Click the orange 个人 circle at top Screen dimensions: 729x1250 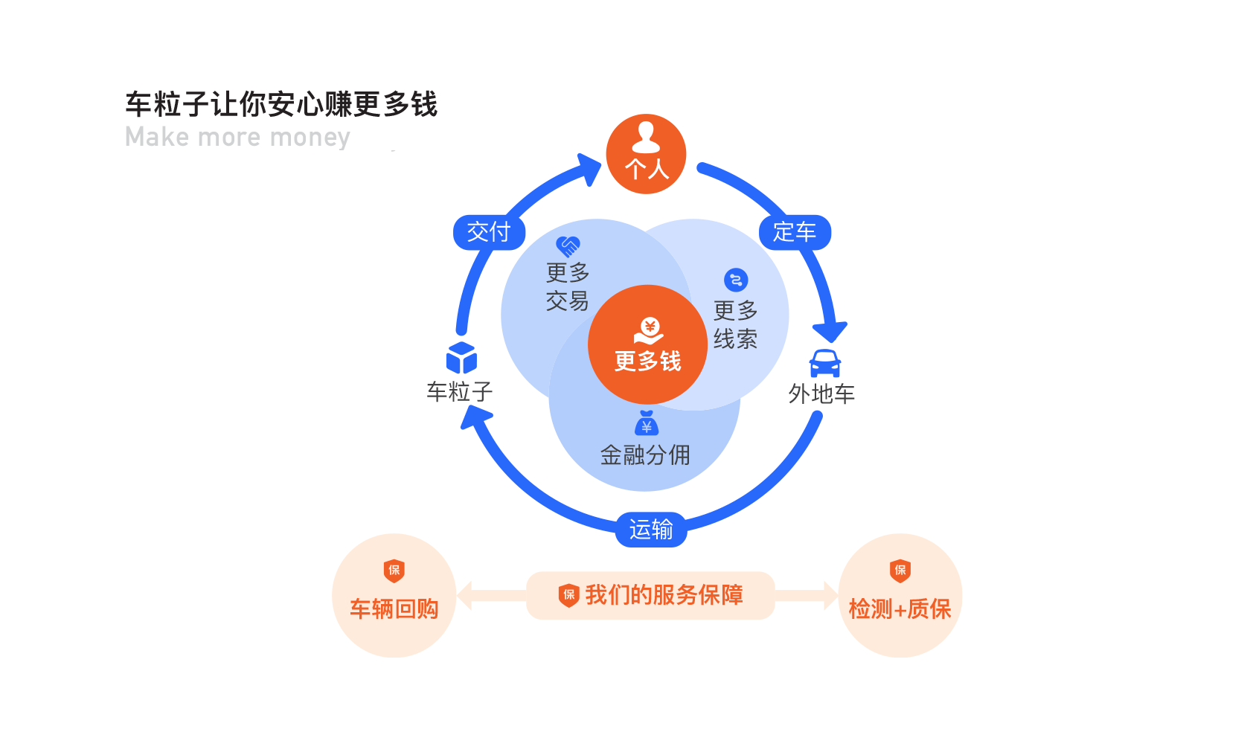646,154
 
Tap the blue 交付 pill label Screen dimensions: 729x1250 489,232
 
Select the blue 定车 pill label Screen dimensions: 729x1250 795,232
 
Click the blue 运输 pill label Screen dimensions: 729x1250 651,530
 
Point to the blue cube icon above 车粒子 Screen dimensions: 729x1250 461,358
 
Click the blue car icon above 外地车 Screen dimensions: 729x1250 825,364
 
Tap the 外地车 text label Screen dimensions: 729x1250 821,394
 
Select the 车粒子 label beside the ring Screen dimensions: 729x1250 459,391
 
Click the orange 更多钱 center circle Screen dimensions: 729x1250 647,344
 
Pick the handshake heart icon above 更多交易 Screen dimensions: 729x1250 568,245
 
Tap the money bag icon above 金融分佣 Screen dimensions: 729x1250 647,423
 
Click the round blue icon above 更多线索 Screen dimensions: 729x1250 736,280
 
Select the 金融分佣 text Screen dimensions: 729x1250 645,455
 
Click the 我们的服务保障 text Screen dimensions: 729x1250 664,595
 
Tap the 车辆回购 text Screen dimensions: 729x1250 394,609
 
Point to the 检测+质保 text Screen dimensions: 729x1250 900,609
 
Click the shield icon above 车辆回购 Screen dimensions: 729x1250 394,571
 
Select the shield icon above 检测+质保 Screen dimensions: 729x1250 900,571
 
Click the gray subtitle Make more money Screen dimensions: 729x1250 237,138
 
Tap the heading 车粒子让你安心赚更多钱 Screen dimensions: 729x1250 281,104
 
